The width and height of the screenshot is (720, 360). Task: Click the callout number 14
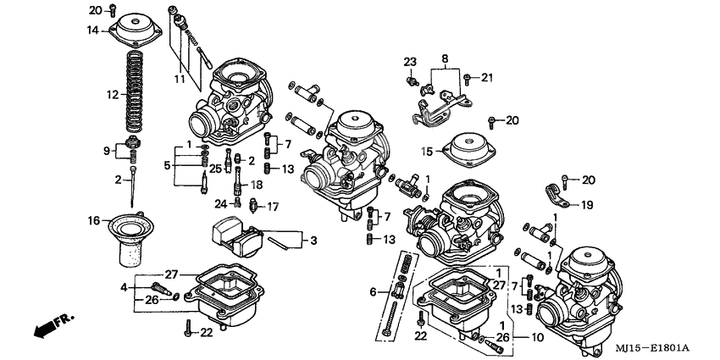pyautogui.click(x=93, y=30)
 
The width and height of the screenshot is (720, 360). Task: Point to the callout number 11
pyautogui.click(x=179, y=79)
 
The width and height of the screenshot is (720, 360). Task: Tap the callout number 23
pyautogui.click(x=410, y=62)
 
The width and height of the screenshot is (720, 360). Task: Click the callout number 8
pyautogui.click(x=443, y=58)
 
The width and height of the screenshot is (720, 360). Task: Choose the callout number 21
pyautogui.click(x=486, y=78)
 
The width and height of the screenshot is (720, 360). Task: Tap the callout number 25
pyautogui.click(x=215, y=169)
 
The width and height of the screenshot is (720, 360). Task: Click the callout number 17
pyautogui.click(x=273, y=206)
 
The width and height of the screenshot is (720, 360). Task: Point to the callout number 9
pyautogui.click(x=106, y=152)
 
